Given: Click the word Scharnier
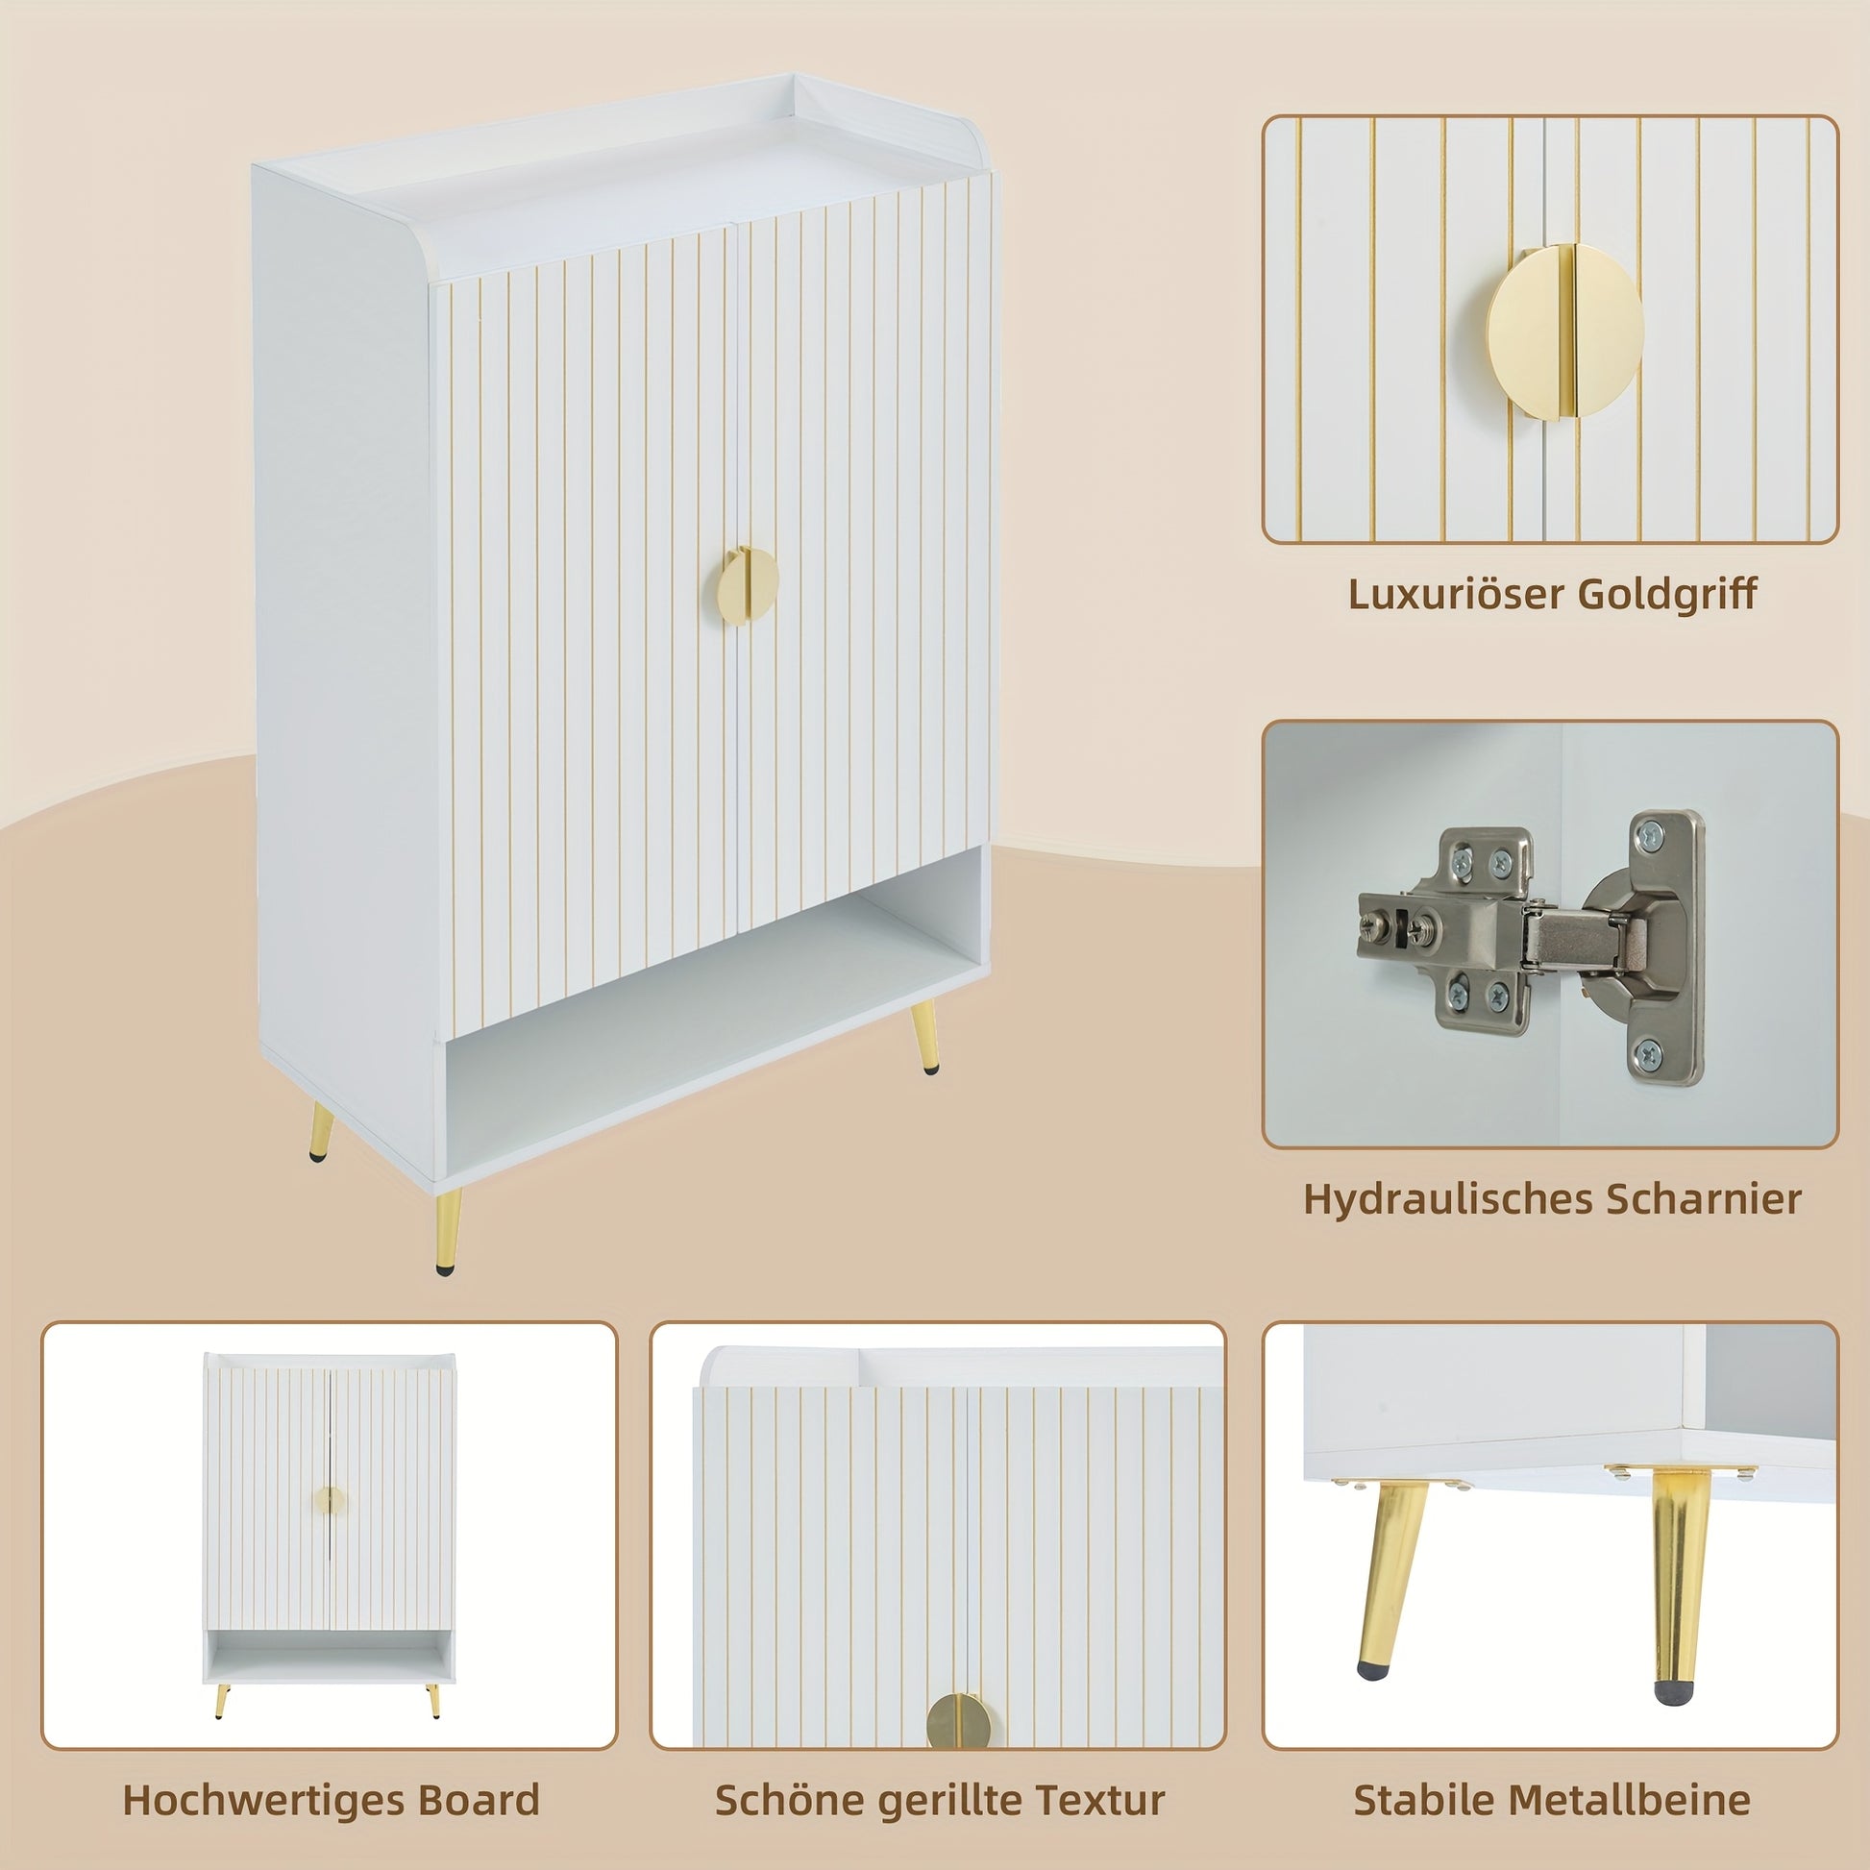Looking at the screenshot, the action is [x=1705, y=1199].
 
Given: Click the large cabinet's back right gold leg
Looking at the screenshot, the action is [x=923, y=1038].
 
